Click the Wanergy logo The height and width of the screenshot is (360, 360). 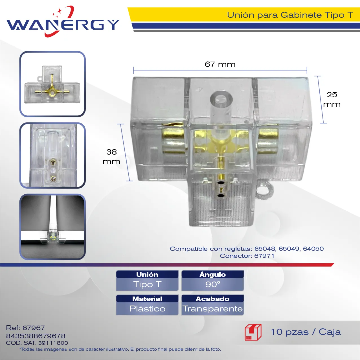click(63, 22)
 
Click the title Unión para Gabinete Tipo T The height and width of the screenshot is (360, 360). click(290, 15)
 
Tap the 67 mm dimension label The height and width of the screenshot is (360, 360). click(220, 64)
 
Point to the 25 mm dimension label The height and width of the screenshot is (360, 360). click(332, 100)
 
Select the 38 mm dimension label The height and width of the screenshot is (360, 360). click(111, 157)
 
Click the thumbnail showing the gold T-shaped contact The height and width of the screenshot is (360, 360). click(52, 84)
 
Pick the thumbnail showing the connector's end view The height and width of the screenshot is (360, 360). click(52, 155)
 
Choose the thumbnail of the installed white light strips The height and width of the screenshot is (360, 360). click(52, 227)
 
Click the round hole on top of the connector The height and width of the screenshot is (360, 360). click(221, 99)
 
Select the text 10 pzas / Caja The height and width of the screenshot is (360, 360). click(306, 332)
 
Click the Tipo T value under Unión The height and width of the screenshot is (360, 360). click(147, 284)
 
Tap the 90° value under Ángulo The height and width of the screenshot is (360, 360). click(213, 284)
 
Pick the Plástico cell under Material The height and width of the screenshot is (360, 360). click(147, 309)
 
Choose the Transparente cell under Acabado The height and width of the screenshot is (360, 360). click(213, 309)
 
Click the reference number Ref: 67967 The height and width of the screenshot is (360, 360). click(25, 328)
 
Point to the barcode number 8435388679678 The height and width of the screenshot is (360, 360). click(36, 336)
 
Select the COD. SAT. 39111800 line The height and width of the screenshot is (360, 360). click(37, 343)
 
